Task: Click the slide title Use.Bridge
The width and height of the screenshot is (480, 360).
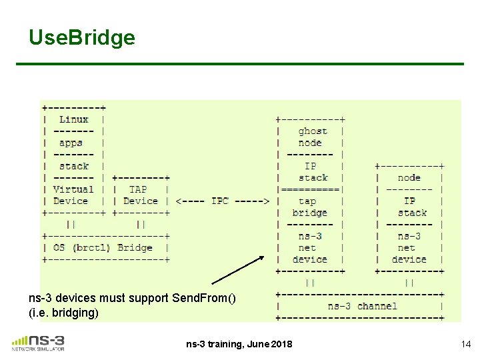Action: (x=82, y=38)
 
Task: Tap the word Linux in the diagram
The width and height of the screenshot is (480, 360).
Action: (x=73, y=119)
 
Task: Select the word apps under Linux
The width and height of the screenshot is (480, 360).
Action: (x=71, y=143)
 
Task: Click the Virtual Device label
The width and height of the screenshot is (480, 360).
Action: (x=71, y=195)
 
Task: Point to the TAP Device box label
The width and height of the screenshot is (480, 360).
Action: (x=140, y=195)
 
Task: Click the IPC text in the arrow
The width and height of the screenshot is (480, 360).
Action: (x=220, y=201)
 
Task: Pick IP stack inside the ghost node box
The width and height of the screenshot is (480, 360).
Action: (x=311, y=171)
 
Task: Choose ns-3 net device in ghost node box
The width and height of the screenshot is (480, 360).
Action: (x=309, y=247)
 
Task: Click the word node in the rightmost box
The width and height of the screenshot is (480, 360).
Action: (x=409, y=177)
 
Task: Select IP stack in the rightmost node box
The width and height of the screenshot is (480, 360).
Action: (x=410, y=207)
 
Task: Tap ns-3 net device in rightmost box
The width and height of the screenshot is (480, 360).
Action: (x=409, y=247)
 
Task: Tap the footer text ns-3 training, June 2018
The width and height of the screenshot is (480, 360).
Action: (x=239, y=344)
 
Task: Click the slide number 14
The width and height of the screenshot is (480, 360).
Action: (x=465, y=344)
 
